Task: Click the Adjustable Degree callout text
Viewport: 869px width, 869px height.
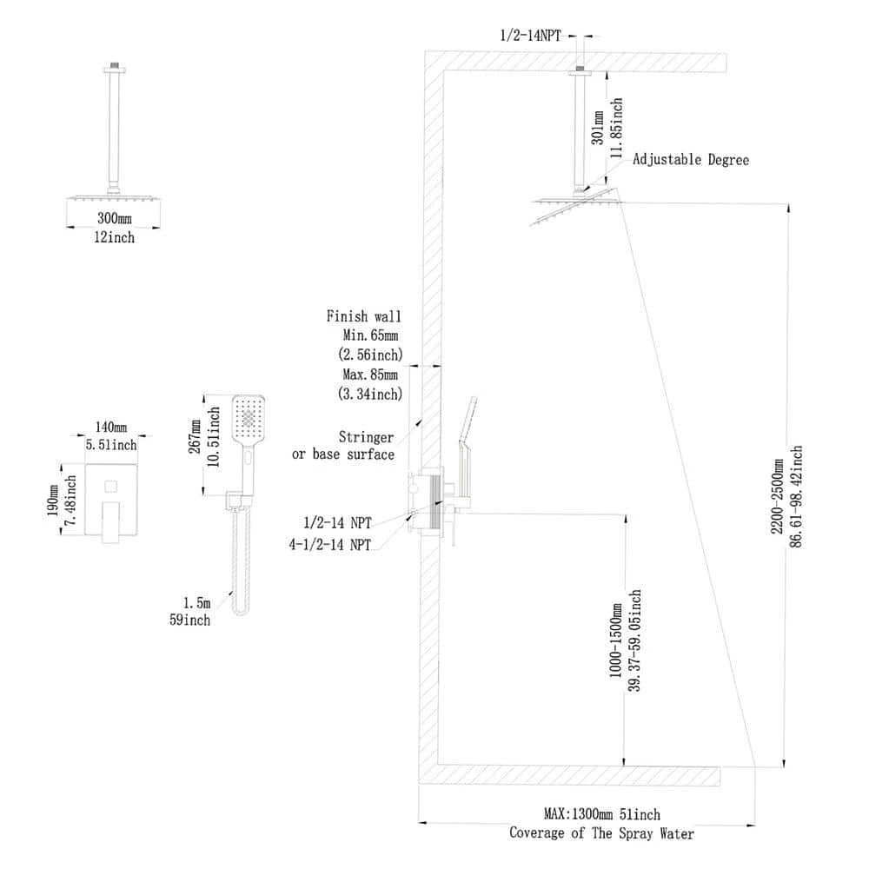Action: pos(690,160)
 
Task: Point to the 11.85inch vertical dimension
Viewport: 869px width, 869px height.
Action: pos(616,127)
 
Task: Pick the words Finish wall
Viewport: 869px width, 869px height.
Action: pos(364,316)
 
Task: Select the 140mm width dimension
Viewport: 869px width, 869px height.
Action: pos(111,428)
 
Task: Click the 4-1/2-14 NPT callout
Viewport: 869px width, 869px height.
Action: pos(330,545)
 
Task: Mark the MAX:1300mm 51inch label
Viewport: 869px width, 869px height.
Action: pos(602,814)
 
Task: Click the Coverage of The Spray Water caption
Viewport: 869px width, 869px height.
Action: pos(602,833)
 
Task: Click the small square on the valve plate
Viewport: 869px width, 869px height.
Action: pos(112,486)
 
